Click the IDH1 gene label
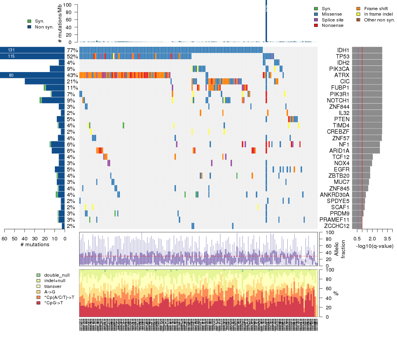(x=343, y=50)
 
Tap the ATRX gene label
(x=343, y=75)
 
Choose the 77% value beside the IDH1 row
(x=72, y=50)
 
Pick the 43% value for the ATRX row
(x=72, y=75)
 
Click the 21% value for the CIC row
(x=72, y=81)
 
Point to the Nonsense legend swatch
(x=316, y=25)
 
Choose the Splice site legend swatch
(x=316, y=19)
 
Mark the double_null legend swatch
(x=39, y=275)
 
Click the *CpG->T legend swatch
(x=39, y=302)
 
